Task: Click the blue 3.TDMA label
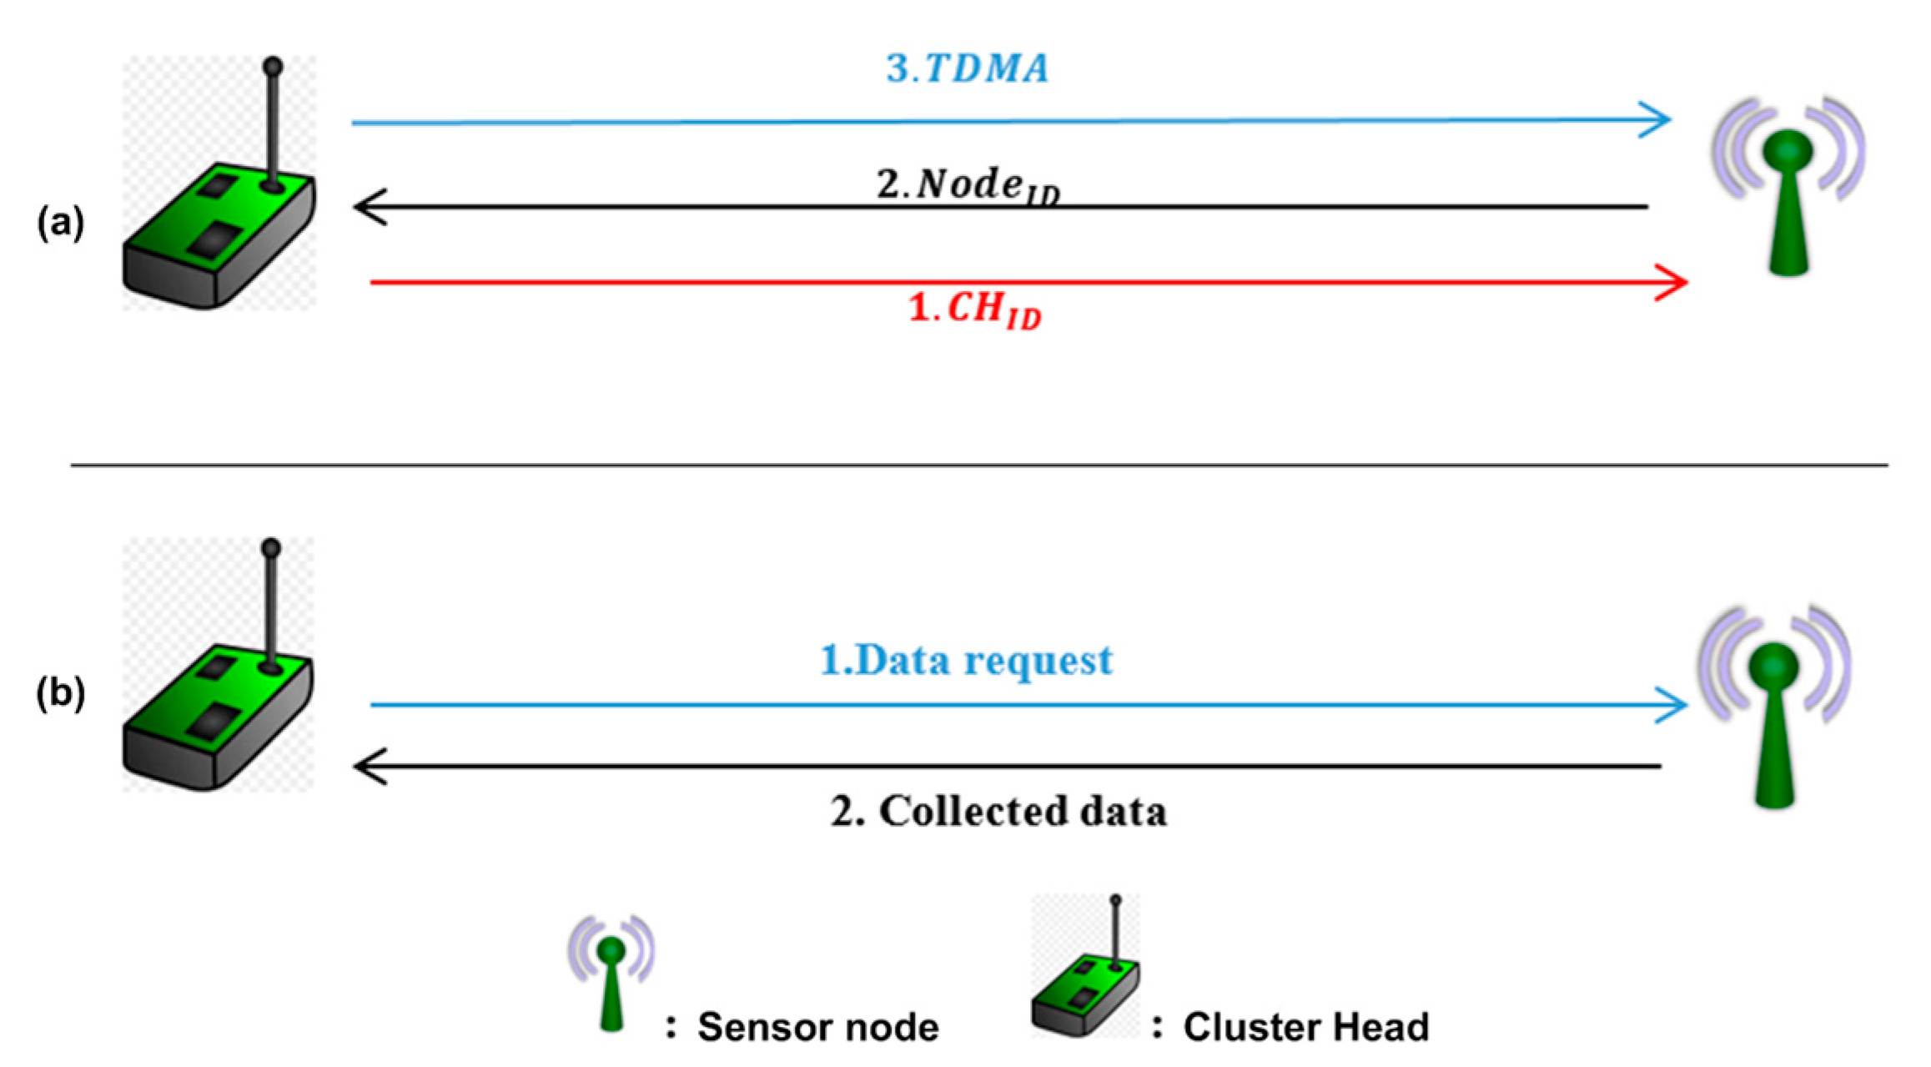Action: (x=968, y=68)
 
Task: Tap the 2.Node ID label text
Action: (x=968, y=184)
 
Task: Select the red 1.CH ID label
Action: (x=974, y=310)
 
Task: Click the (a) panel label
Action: (x=60, y=223)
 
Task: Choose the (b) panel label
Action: (x=60, y=693)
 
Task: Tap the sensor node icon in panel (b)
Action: (x=1775, y=707)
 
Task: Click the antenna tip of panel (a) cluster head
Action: (x=273, y=66)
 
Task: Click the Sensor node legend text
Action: (x=817, y=1027)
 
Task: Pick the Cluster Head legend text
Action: (x=1306, y=1027)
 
